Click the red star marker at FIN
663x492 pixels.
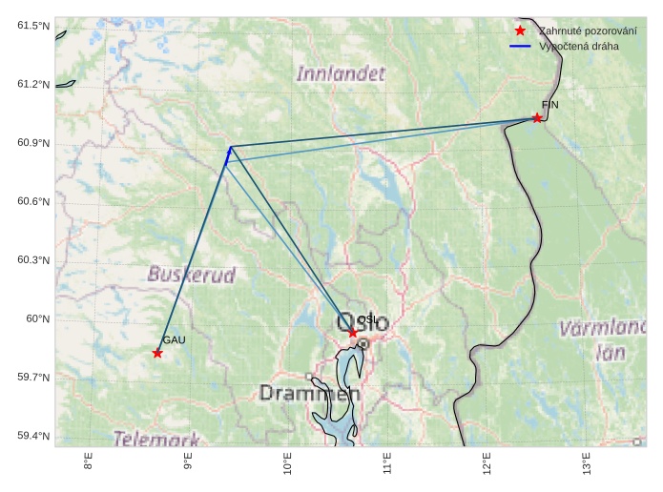tap(537, 118)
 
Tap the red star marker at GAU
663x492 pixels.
tap(157, 354)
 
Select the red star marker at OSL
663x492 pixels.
tap(353, 333)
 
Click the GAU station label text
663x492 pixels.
tap(174, 339)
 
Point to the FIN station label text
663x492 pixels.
tap(549, 104)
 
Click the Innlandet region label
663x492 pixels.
tap(341, 73)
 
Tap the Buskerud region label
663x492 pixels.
tap(192, 275)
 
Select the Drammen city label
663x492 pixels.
tap(310, 393)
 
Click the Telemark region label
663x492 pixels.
tap(156, 439)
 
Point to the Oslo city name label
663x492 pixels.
tap(363, 323)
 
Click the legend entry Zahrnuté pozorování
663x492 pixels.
tap(587, 31)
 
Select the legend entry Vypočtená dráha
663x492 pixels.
tap(578, 46)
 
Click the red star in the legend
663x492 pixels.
tap(520, 31)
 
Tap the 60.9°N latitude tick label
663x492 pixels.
tap(32, 143)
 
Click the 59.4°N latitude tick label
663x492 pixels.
tap(32, 436)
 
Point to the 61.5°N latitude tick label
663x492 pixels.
tap(32, 26)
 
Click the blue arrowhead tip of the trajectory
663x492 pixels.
tap(230, 147)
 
